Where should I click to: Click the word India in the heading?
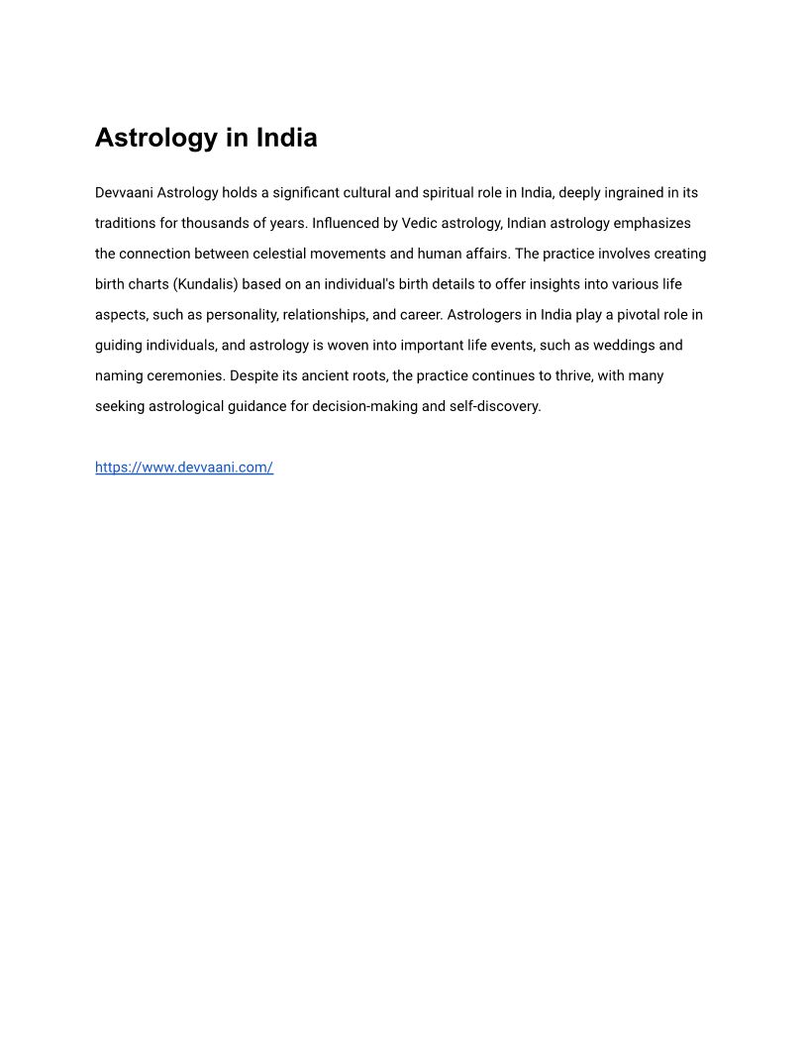click(x=286, y=138)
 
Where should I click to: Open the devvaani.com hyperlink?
click(x=184, y=468)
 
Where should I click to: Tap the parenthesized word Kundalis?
click(x=206, y=285)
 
